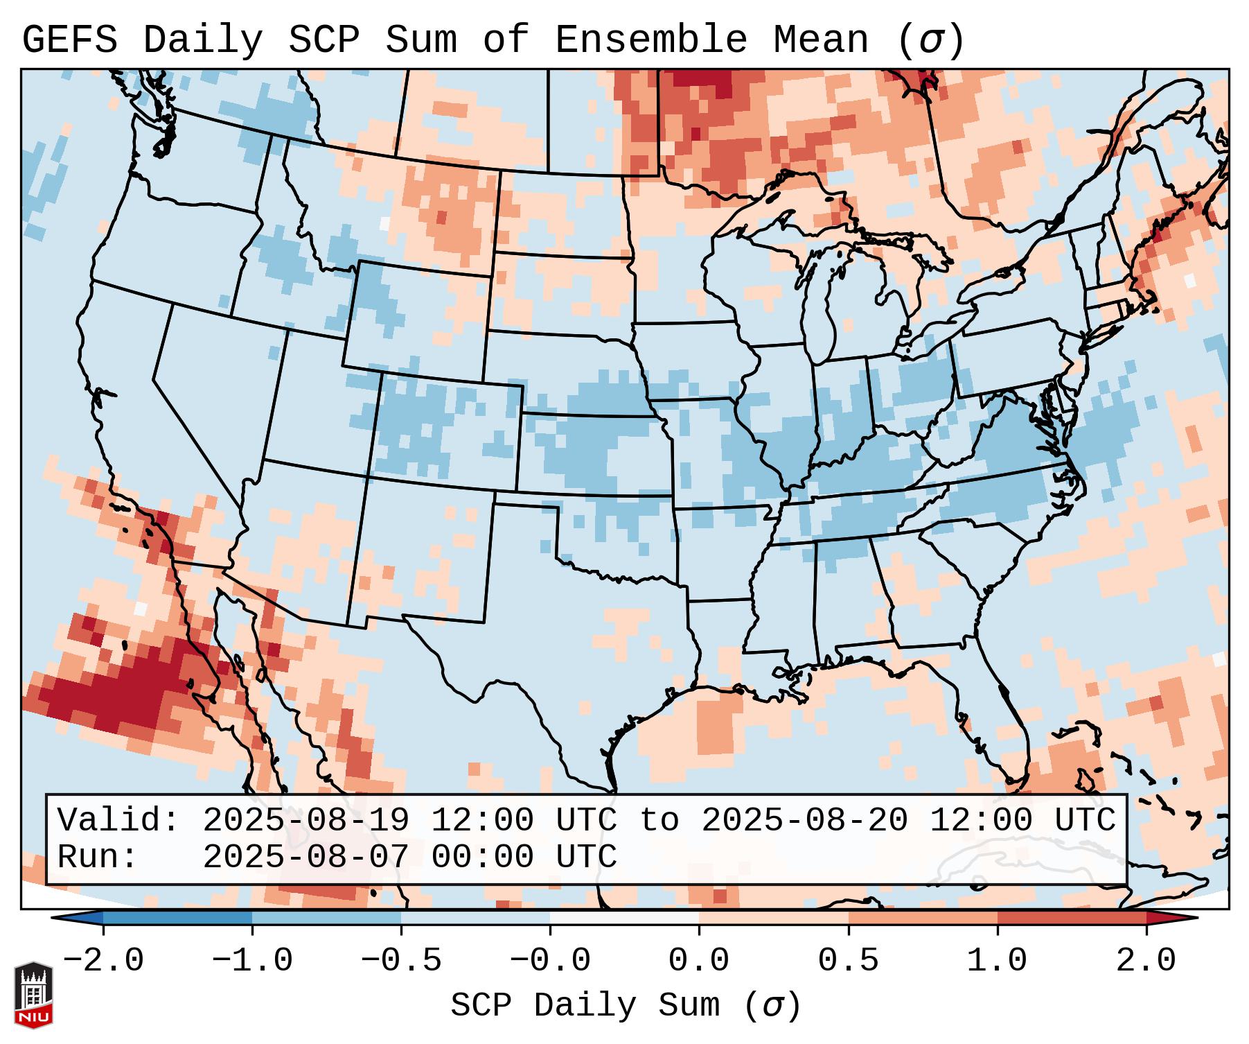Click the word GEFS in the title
(x=69, y=40)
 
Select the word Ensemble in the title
(x=650, y=40)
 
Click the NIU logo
(x=33, y=995)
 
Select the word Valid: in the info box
(x=118, y=821)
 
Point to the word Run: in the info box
(x=98, y=857)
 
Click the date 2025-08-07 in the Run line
(x=305, y=857)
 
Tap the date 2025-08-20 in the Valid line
(x=804, y=821)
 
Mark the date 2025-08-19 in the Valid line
(x=305, y=821)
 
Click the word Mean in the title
(x=820, y=40)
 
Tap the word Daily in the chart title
(x=202, y=40)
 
